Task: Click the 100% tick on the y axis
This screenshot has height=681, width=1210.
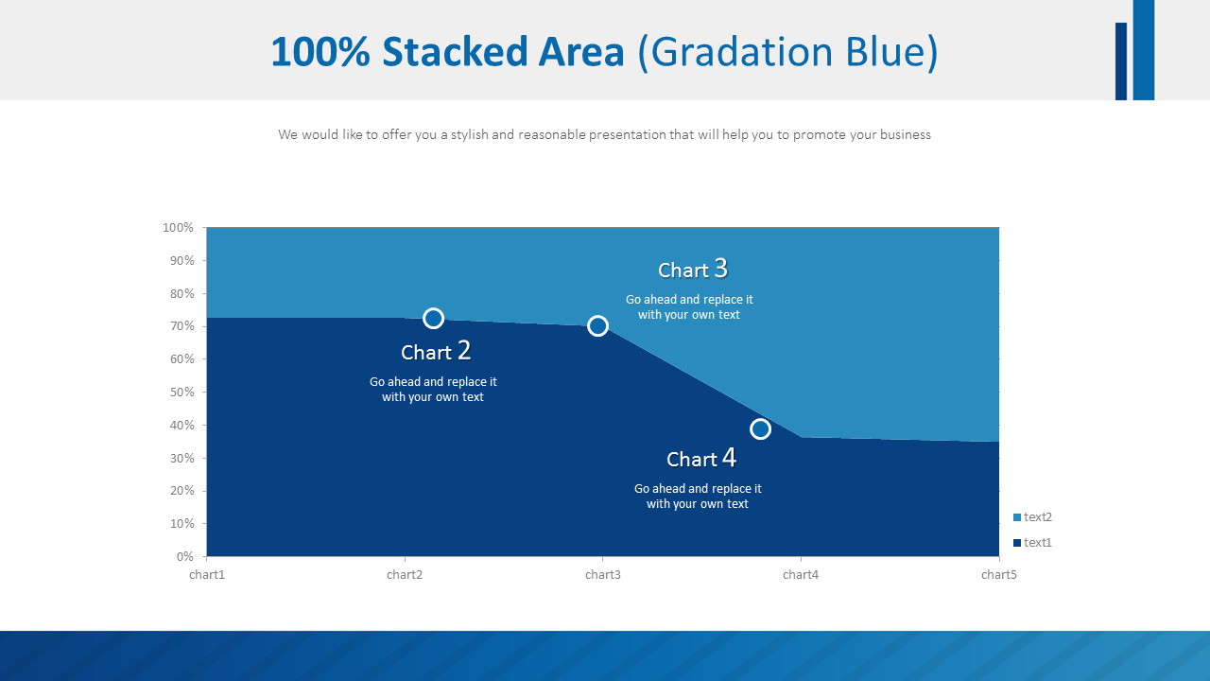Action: tap(178, 228)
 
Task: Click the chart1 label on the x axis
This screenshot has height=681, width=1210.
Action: tap(207, 575)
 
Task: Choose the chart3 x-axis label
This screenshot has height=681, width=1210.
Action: tap(603, 575)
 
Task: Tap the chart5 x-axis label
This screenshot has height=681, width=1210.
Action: tap(998, 575)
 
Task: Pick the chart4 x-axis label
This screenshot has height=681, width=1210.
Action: tap(801, 575)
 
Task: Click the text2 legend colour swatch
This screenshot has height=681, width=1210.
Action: tap(1017, 517)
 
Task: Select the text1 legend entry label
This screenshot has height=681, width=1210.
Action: tap(1038, 543)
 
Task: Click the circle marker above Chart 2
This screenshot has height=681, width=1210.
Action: tap(433, 319)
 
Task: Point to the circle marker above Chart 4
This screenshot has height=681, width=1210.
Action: tap(760, 429)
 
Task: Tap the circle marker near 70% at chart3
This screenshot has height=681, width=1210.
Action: tap(597, 326)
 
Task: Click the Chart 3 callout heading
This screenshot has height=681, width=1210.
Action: tap(693, 270)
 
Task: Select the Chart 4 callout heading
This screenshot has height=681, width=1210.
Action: tap(700, 459)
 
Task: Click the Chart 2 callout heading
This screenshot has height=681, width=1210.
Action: tap(435, 352)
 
